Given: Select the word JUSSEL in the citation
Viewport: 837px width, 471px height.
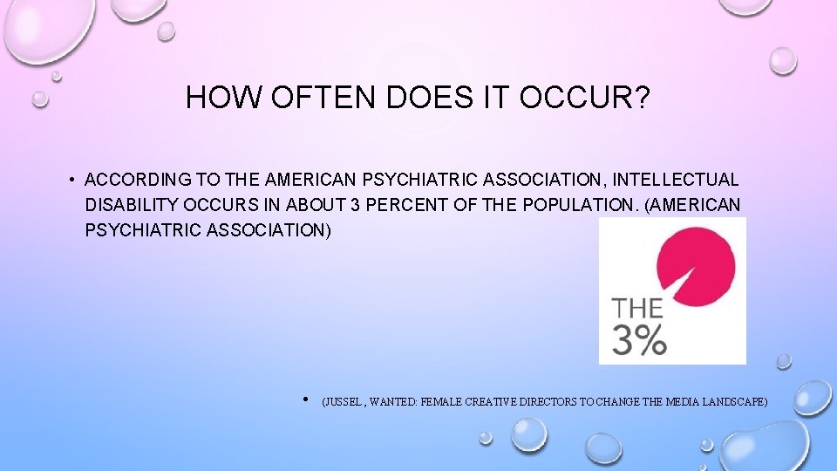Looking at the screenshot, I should coord(344,402).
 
